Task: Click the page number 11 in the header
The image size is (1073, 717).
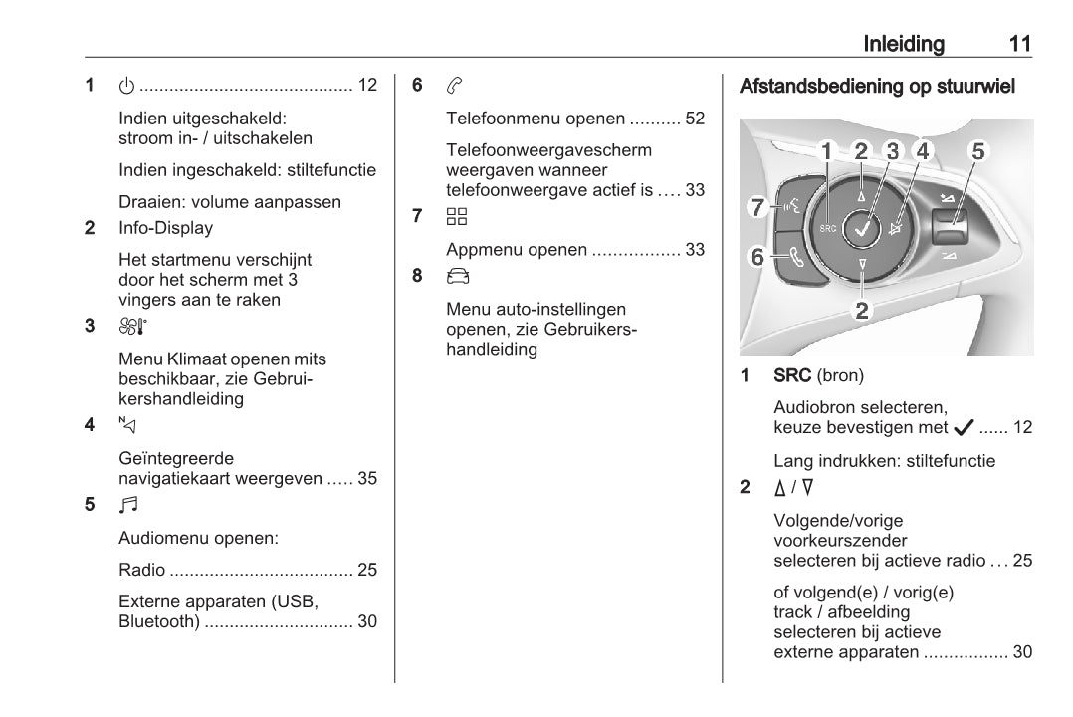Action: click(1019, 44)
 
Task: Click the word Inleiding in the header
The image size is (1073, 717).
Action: click(904, 44)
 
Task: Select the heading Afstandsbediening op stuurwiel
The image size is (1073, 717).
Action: click(877, 87)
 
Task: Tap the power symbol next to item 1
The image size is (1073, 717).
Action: click(126, 86)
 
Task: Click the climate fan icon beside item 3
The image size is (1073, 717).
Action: click(132, 325)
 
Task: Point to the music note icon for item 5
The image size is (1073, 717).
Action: click(127, 505)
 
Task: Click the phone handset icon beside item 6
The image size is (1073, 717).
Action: click(454, 86)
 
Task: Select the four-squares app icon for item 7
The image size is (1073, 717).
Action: click(456, 216)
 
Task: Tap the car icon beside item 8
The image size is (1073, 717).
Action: click(456, 276)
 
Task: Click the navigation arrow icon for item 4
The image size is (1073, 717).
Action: click(126, 425)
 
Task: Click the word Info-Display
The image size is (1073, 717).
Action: click(165, 228)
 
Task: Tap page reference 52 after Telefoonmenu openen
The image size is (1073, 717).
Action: click(694, 119)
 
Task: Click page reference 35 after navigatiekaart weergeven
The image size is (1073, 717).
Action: click(366, 479)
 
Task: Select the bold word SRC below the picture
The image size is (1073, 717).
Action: click(792, 376)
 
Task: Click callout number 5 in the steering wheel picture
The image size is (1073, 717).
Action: click(978, 151)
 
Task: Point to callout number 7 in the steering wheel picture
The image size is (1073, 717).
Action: click(757, 207)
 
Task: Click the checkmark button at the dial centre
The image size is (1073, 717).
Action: click(861, 228)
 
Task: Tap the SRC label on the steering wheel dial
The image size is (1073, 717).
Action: click(827, 228)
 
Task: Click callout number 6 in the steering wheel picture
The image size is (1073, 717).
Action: click(757, 257)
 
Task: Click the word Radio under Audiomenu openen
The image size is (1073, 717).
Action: click(141, 571)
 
